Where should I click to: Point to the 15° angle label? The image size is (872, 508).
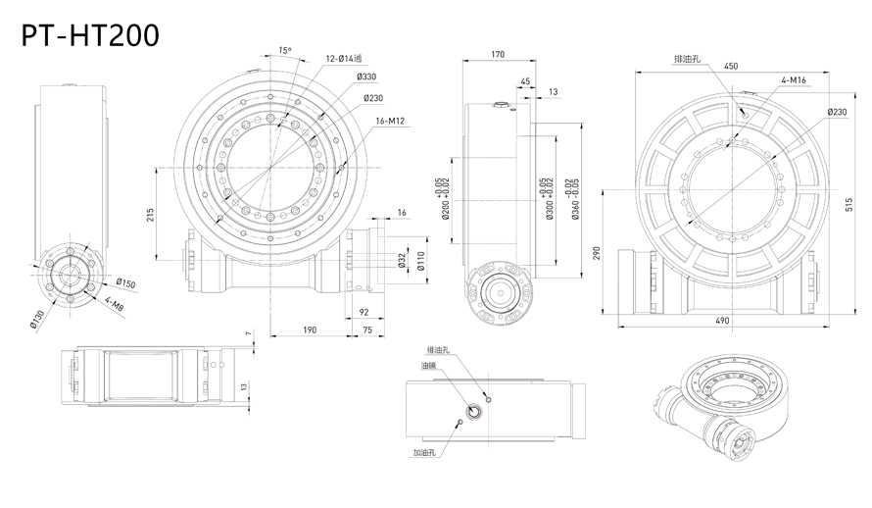point(284,50)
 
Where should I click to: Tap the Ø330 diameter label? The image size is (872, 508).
point(367,76)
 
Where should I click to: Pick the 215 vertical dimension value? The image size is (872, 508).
point(149,216)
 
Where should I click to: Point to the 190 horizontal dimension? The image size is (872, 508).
point(309,330)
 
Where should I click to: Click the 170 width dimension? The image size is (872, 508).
point(497,55)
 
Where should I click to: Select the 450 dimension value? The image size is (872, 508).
point(731,66)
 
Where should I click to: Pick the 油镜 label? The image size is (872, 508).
point(428,367)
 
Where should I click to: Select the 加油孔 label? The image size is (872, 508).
point(424,454)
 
